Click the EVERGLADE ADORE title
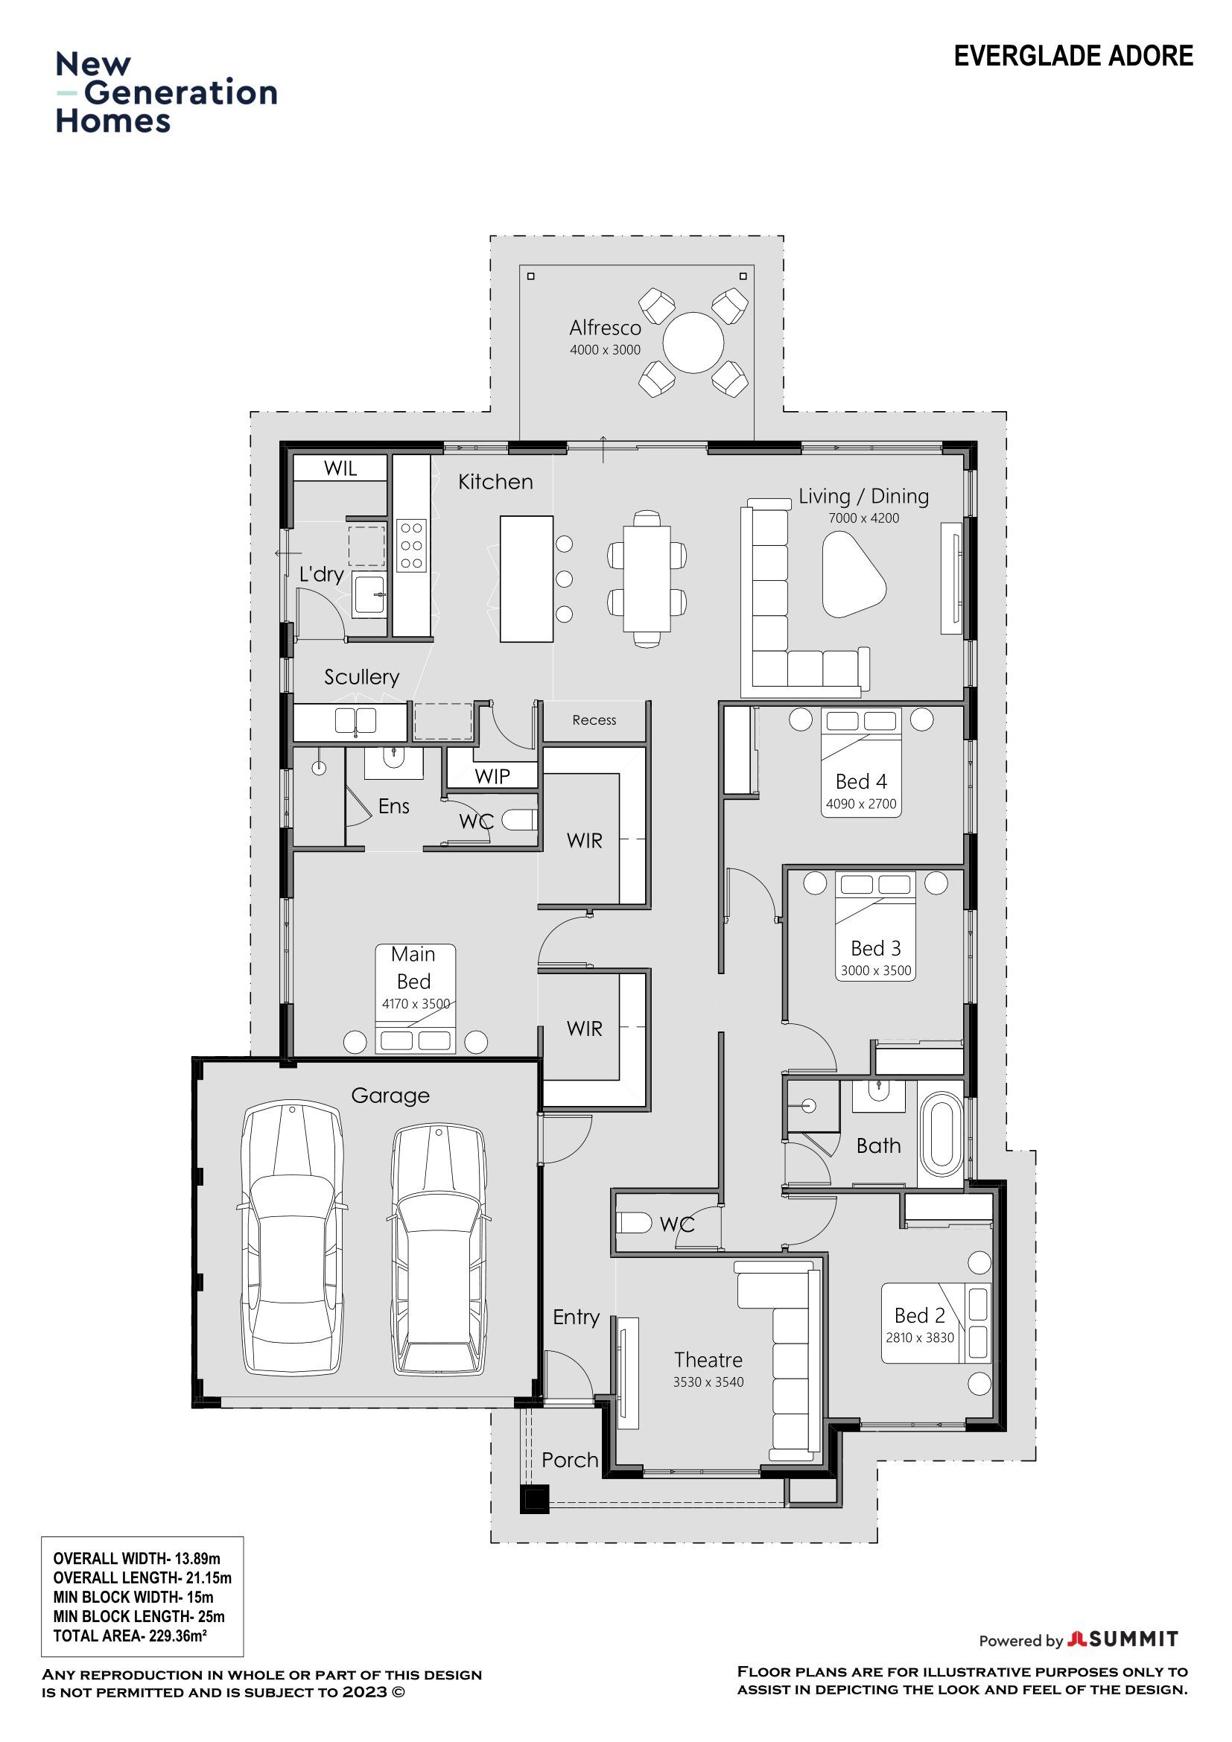pos(1073,56)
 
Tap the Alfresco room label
pos(606,328)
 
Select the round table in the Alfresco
pos(693,342)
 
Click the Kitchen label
pos(495,482)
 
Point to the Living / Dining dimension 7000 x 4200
pos(864,518)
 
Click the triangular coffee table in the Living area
pos(854,573)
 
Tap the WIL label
pos(340,468)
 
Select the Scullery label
pos(362,677)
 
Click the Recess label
pos(594,720)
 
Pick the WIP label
pos(492,776)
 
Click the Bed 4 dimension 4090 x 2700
pos(861,804)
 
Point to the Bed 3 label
pos(876,948)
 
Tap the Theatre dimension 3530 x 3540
pos(708,1382)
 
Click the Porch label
pos(570,1460)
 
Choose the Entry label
pos(577,1317)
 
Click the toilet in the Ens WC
pos(520,819)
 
